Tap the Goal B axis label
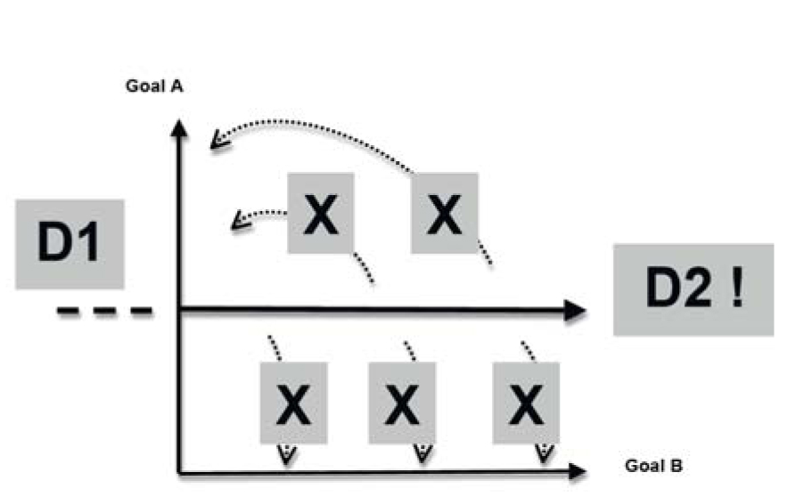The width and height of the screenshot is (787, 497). pyautogui.click(x=655, y=466)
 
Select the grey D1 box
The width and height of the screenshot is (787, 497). pyautogui.click(x=70, y=243)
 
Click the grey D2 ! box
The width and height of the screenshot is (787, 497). pyautogui.click(x=693, y=289)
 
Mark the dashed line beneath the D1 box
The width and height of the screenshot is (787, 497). pyautogui.click(x=104, y=311)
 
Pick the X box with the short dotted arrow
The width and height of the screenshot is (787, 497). pyautogui.click(x=321, y=213)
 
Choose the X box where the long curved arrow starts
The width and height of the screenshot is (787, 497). pyautogui.click(x=444, y=213)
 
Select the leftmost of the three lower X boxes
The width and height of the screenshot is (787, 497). pyautogui.click(x=292, y=402)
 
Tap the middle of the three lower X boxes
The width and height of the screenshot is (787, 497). pyautogui.click(x=402, y=402)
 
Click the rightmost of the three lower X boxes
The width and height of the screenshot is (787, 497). pyautogui.click(x=527, y=402)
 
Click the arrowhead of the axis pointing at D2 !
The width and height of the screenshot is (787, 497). pyautogui.click(x=577, y=310)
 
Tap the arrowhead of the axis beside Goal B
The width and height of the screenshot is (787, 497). pyautogui.click(x=577, y=471)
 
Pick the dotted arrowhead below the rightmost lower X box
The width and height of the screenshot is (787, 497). pyautogui.click(x=541, y=454)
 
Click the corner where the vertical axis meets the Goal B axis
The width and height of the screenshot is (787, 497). pyautogui.click(x=181, y=471)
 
